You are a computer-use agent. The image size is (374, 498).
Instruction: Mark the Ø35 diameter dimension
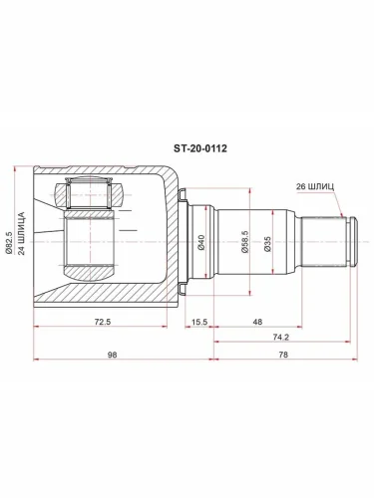pyautogui.click(x=267, y=242)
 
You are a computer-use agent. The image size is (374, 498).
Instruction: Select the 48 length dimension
pyautogui.click(x=257, y=322)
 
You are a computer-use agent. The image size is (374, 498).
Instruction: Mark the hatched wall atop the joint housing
pyautogui.click(x=100, y=171)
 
